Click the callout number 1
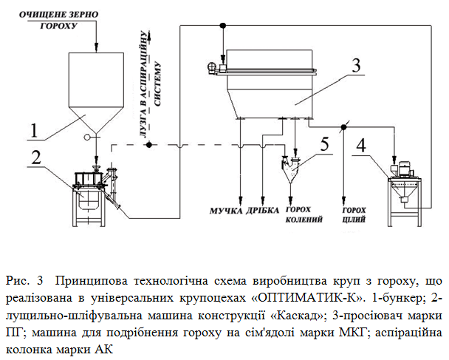click(x=34, y=131)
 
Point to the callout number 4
click(x=361, y=145)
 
